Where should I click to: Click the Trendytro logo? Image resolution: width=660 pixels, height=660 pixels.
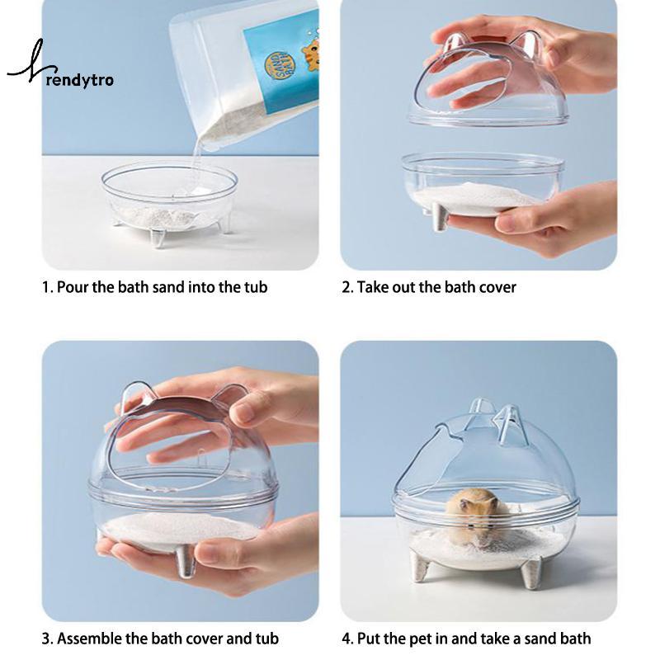pyautogui.click(x=61, y=68)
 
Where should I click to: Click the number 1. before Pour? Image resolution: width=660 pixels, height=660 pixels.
pyautogui.click(x=48, y=287)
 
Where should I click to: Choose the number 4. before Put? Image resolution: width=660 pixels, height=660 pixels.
pyautogui.click(x=347, y=639)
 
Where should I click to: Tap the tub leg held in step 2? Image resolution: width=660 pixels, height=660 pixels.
pyautogui.click(x=440, y=218)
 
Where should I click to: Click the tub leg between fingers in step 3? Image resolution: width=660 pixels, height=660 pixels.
pyautogui.click(x=186, y=562)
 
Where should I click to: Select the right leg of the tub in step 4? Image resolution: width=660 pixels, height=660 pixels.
pyautogui.click(x=531, y=573)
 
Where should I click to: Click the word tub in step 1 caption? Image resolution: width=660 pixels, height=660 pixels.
pyautogui.click(x=256, y=287)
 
